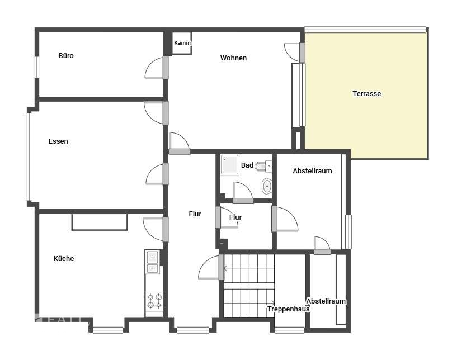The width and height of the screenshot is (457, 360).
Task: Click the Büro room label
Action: [66, 56]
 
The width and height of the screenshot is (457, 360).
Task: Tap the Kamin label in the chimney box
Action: [182, 43]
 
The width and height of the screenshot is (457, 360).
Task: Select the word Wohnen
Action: [233, 58]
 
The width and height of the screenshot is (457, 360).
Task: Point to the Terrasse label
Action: [366, 94]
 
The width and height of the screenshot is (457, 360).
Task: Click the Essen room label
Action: [58, 141]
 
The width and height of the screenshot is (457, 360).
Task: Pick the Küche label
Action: [64, 259]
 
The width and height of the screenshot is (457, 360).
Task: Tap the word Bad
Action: [247, 165]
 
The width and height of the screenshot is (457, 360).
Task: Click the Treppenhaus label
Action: [289, 309]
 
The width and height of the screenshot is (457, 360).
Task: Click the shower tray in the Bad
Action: [229, 165]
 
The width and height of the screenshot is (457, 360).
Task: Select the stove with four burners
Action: [154, 301]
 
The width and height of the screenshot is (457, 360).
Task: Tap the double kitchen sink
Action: [152, 262]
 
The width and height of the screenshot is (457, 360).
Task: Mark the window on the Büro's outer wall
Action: [37, 67]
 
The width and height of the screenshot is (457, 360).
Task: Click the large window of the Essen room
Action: [29, 157]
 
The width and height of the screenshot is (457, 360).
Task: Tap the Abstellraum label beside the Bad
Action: [312, 171]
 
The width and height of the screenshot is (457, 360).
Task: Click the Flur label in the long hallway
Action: [195, 214]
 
